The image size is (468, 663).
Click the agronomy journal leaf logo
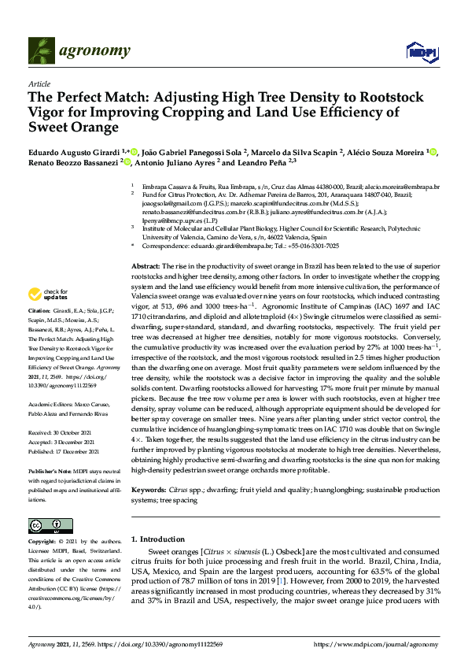pos(42,51)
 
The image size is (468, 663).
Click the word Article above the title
pos(39,83)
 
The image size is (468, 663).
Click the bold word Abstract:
pos(146,245)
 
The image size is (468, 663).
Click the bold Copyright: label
pos(43,543)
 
